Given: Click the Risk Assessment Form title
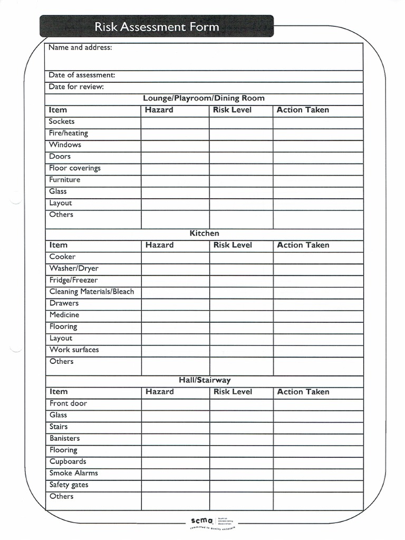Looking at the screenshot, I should [x=157, y=26].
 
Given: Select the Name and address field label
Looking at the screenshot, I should [x=80, y=47].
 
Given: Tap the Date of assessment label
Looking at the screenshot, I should [x=82, y=75].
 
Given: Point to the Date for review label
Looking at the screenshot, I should [x=76, y=86].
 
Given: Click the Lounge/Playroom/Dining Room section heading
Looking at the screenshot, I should [x=204, y=98].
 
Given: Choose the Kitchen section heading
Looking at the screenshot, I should [x=204, y=233].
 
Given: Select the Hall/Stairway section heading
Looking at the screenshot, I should [x=204, y=380].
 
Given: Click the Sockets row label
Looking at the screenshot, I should [x=62, y=121].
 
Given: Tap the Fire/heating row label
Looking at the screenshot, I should [x=68, y=133].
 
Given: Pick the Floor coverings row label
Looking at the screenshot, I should [x=74, y=168].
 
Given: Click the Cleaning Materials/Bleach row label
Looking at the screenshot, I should [x=91, y=292].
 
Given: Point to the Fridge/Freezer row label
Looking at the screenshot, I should [x=73, y=280].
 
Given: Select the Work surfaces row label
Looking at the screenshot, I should [x=74, y=350].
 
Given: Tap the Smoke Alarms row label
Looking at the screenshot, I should [x=73, y=473].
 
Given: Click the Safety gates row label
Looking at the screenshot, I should [x=69, y=485].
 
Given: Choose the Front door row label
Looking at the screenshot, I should [x=68, y=403].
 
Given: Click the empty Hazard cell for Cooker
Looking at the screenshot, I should [x=175, y=257].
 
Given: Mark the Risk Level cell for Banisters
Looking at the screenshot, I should [x=241, y=439].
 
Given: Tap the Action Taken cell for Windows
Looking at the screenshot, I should [x=318, y=145].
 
